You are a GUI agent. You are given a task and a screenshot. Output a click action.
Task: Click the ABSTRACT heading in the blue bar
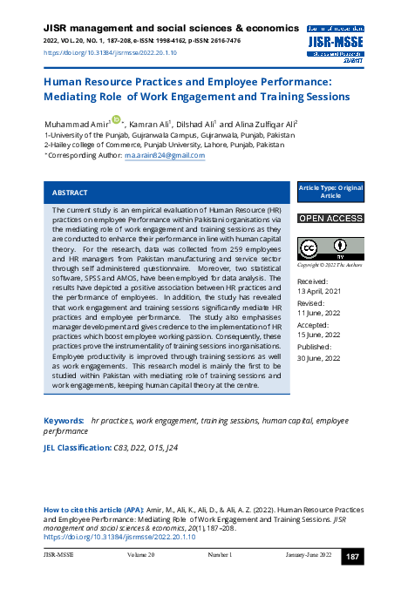pyautogui.click(x=70, y=192)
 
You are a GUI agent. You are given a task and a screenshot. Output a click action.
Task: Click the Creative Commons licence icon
pyautogui.click(x=316, y=247)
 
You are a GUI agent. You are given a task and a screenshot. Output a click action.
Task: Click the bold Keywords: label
pyautogui.click(x=64, y=421)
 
